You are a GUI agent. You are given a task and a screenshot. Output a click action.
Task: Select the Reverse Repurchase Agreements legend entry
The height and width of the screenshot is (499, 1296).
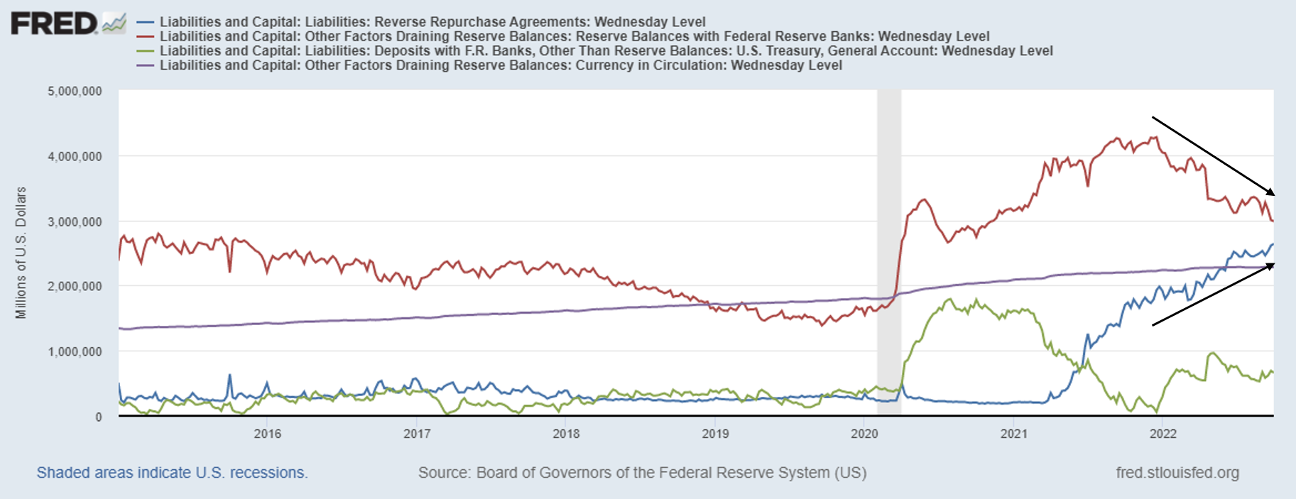432,22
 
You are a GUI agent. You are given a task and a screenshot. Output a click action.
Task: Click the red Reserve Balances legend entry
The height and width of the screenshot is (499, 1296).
574,36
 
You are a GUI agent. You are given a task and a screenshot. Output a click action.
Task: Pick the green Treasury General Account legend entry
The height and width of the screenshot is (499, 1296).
605,50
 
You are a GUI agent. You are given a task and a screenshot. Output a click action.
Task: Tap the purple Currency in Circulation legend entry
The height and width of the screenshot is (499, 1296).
500,65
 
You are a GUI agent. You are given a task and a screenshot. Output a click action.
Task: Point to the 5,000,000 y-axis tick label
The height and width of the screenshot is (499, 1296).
75,92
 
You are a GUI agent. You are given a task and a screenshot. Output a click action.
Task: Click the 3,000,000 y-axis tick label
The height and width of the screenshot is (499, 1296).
75,221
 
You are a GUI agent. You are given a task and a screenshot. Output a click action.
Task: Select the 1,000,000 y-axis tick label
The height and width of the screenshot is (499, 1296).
75,351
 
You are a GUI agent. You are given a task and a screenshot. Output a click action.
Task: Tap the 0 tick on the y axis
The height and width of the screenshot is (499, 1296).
98,417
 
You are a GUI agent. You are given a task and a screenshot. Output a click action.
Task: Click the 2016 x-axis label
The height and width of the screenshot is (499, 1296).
268,434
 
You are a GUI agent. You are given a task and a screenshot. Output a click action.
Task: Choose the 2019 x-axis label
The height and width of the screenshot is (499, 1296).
715,434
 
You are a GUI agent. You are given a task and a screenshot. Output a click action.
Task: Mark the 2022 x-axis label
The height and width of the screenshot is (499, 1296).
1162,434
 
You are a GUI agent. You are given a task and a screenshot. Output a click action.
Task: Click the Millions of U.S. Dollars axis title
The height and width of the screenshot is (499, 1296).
21,253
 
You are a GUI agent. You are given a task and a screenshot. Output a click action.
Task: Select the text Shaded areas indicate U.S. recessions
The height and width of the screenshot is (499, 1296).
172,473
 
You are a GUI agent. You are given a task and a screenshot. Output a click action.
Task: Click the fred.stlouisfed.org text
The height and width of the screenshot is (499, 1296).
1177,473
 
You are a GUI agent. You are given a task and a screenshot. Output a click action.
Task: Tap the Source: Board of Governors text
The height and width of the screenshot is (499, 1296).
642,473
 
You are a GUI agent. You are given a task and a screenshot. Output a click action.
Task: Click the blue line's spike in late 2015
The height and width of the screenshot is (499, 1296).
229,375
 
